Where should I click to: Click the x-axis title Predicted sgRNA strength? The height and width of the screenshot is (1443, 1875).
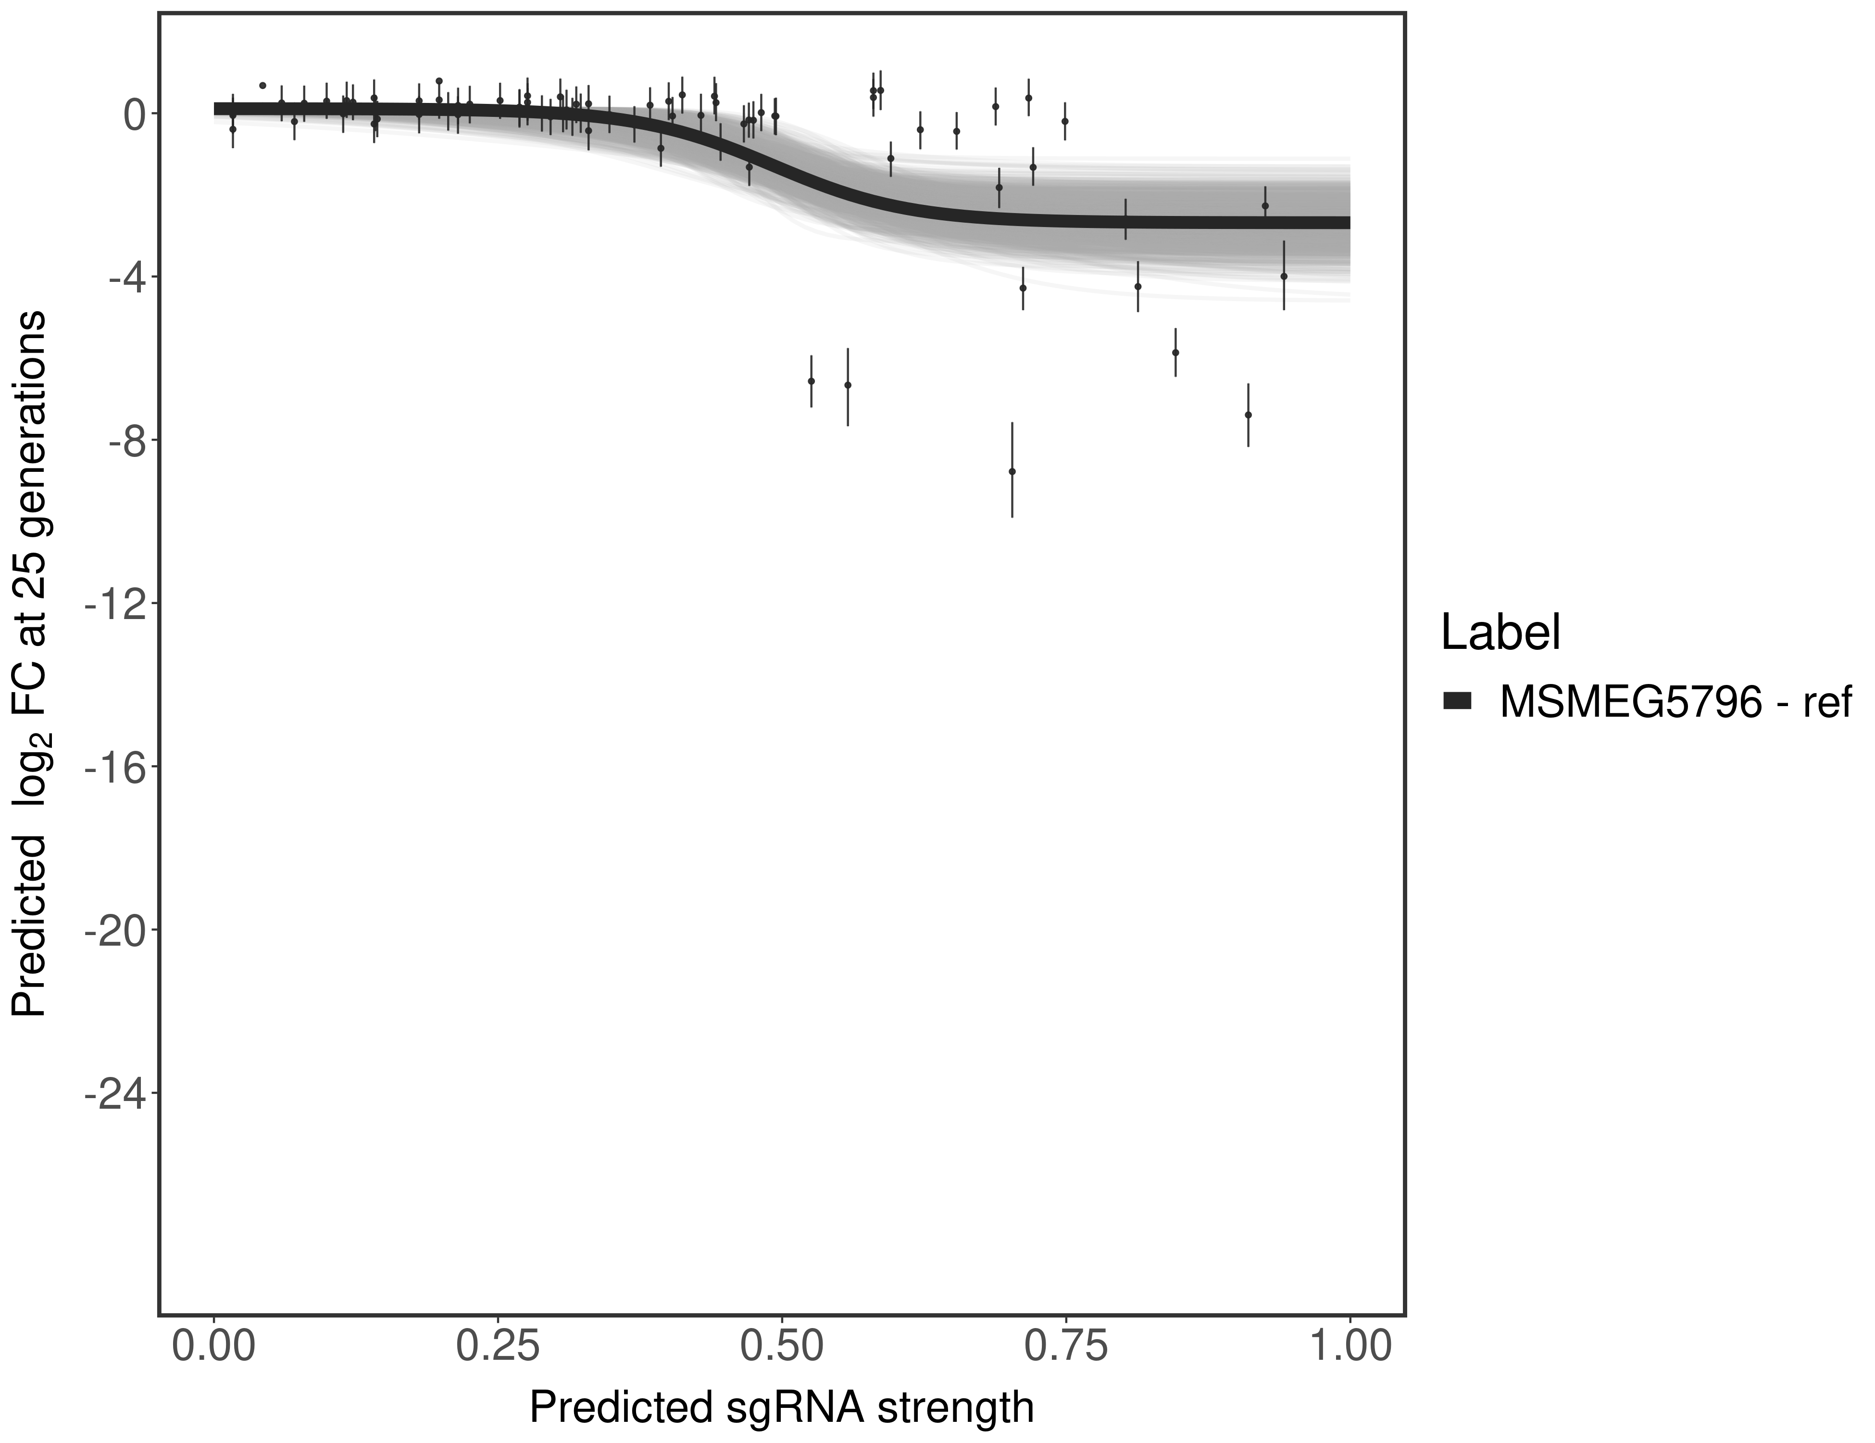point(781,1409)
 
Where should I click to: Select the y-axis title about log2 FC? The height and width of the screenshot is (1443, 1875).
point(29,663)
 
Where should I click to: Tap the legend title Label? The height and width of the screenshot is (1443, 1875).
point(1500,633)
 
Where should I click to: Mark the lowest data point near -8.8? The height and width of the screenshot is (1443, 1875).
point(1012,471)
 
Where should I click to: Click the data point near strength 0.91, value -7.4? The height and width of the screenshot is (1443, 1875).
point(1248,415)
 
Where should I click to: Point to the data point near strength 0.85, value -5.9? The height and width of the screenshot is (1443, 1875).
point(1175,352)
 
